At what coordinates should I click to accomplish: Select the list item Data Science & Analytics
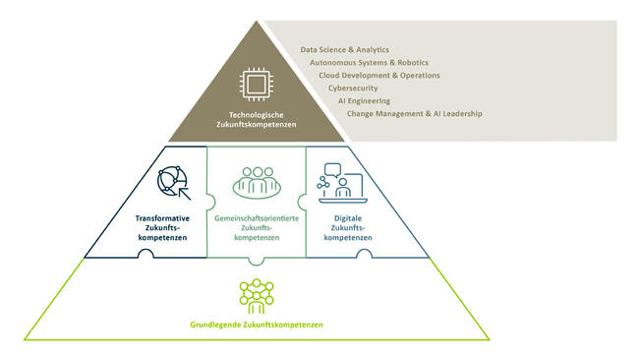pos(345,48)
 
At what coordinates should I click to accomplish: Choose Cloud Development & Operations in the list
pos(379,75)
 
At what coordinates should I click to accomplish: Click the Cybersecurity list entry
pos(353,88)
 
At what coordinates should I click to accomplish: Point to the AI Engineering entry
pos(364,100)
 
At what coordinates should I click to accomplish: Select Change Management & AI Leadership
pos(415,113)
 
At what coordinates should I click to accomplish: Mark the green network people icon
pos(256,294)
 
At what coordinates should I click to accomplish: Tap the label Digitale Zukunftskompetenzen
pos(347,227)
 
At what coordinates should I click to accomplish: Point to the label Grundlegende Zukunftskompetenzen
pos(257,325)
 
